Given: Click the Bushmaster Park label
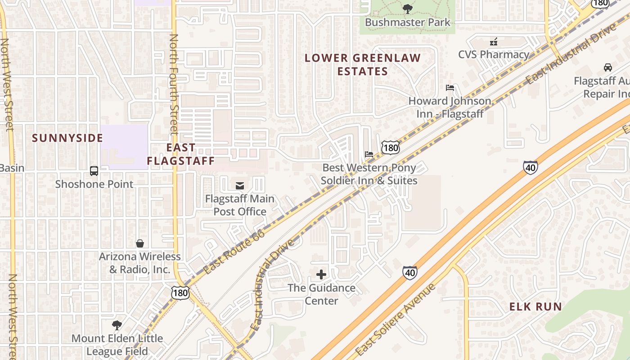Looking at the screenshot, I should point(407,22).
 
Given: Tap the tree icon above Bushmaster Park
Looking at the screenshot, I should point(407,8).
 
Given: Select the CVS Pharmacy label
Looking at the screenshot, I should point(494,54).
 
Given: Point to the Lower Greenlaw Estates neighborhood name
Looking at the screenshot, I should point(363,64).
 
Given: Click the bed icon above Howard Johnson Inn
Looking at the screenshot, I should point(450,87).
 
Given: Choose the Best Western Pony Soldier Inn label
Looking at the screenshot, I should point(369,174).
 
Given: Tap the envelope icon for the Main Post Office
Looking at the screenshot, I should point(240,185).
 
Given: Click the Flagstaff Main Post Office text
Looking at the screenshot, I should point(239,205).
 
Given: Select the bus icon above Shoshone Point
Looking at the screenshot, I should point(94,171).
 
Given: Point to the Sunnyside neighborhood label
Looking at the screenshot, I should point(67,138).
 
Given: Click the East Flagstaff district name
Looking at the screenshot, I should point(181,154).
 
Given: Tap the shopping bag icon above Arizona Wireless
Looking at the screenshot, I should point(140,243).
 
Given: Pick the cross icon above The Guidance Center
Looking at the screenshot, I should point(321,274).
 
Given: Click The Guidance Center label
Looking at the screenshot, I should point(321,294).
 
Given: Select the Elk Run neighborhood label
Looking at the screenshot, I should point(535,307).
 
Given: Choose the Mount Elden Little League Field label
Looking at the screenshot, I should point(117,345).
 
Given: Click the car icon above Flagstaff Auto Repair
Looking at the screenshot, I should point(608,67).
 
